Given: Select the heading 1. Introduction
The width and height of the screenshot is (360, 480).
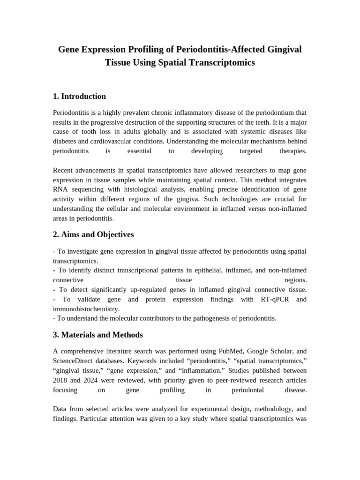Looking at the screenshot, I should [x=79, y=97].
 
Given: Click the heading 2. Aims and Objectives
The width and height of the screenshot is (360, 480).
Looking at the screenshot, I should [x=93, y=234].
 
